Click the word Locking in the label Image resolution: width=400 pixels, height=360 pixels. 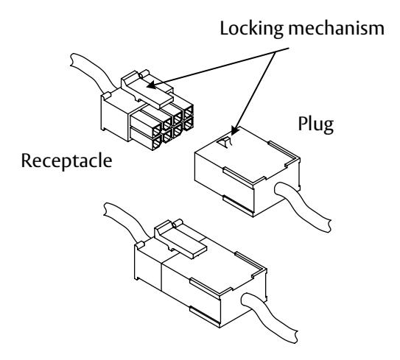(251, 29)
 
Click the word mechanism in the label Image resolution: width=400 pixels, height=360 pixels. (336, 28)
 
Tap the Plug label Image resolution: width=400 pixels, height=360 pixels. (316, 124)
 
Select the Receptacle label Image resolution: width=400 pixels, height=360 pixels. (66, 161)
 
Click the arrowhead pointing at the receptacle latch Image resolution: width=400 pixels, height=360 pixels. (151, 85)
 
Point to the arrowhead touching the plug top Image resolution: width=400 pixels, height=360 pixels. (234, 130)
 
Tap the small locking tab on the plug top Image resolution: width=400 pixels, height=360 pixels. (225, 142)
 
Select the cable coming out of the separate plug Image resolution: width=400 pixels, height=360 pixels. (303, 206)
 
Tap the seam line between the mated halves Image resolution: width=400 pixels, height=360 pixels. (161, 276)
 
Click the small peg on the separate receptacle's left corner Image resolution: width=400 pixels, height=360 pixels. (106, 95)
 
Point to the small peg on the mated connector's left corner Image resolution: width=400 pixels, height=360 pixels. (140, 245)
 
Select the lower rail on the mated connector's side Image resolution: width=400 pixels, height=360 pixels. (205, 315)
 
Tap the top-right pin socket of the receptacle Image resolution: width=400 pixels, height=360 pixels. (189, 111)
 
